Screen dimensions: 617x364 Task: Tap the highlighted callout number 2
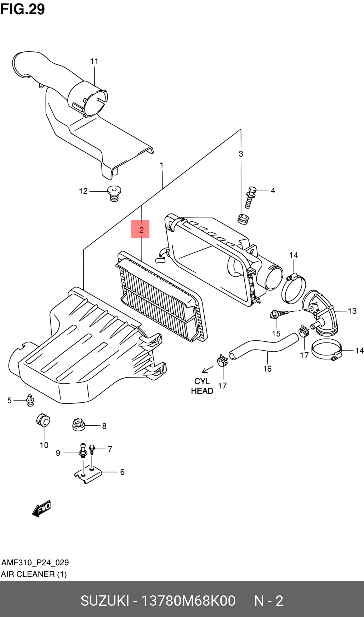[x=141, y=230]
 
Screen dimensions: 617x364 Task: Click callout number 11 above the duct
[x=94, y=61]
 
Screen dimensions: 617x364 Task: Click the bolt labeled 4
[x=250, y=197]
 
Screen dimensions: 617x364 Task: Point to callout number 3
[x=241, y=154]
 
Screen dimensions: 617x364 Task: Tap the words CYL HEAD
[x=202, y=386]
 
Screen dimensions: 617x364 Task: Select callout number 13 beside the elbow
[x=352, y=311]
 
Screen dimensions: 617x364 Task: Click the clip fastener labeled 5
[x=30, y=400]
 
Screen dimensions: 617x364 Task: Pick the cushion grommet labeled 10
[x=43, y=420]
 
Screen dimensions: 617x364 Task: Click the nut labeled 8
[x=79, y=424]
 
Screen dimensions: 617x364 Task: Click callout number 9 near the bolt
[x=58, y=453]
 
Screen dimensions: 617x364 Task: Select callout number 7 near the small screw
[x=110, y=449]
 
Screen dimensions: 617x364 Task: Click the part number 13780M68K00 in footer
[x=188, y=601]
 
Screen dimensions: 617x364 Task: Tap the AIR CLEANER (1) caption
[x=34, y=574]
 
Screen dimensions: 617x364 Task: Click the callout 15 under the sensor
[x=276, y=333]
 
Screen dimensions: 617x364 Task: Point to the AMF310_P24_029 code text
[x=35, y=562]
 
